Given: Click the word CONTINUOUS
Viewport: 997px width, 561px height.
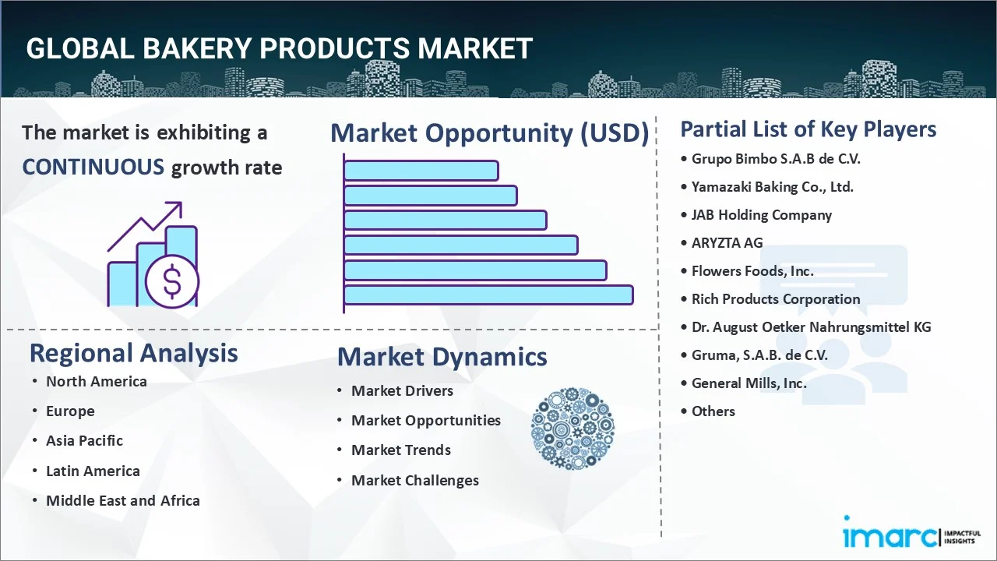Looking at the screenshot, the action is (x=93, y=167).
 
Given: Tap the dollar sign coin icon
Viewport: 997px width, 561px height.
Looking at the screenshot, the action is (x=172, y=281).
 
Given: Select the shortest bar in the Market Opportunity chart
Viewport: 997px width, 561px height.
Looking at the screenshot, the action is (x=421, y=171).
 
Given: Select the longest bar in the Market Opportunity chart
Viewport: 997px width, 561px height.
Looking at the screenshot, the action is (x=488, y=295).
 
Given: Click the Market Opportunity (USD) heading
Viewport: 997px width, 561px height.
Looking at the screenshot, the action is (x=490, y=132).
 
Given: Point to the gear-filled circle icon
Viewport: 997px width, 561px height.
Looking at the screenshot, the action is (x=572, y=429).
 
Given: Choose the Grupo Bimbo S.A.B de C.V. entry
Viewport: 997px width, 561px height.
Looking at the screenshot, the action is (x=776, y=159).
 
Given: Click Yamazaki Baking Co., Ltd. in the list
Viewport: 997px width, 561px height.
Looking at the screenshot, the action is (x=772, y=187).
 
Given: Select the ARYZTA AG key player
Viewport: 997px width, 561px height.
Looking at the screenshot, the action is (x=727, y=242).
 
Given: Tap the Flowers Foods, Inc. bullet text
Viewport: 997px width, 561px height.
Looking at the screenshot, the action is (x=752, y=270).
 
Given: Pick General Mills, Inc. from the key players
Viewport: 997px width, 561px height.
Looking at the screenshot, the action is (x=749, y=383).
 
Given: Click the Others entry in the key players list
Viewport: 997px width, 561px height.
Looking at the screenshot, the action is (x=713, y=411).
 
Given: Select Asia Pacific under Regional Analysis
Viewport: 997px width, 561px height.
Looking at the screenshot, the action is (x=84, y=441).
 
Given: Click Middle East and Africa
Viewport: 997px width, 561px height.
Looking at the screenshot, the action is (x=123, y=500).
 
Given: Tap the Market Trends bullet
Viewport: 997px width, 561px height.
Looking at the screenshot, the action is (x=401, y=450).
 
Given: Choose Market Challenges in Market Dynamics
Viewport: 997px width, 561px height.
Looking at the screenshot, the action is (x=415, y=481).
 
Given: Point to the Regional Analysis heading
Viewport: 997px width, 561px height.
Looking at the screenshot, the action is (x=133, y=353).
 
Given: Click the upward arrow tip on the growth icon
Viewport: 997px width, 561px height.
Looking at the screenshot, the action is (x=181, y=203).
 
